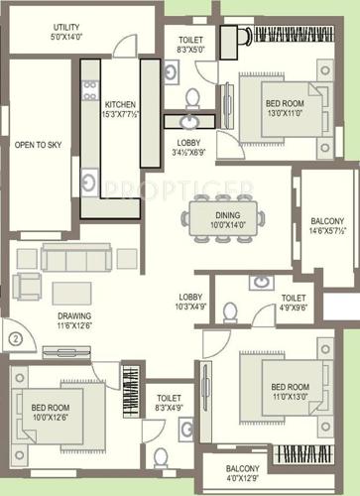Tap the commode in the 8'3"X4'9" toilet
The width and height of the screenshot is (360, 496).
click(162, 458)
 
